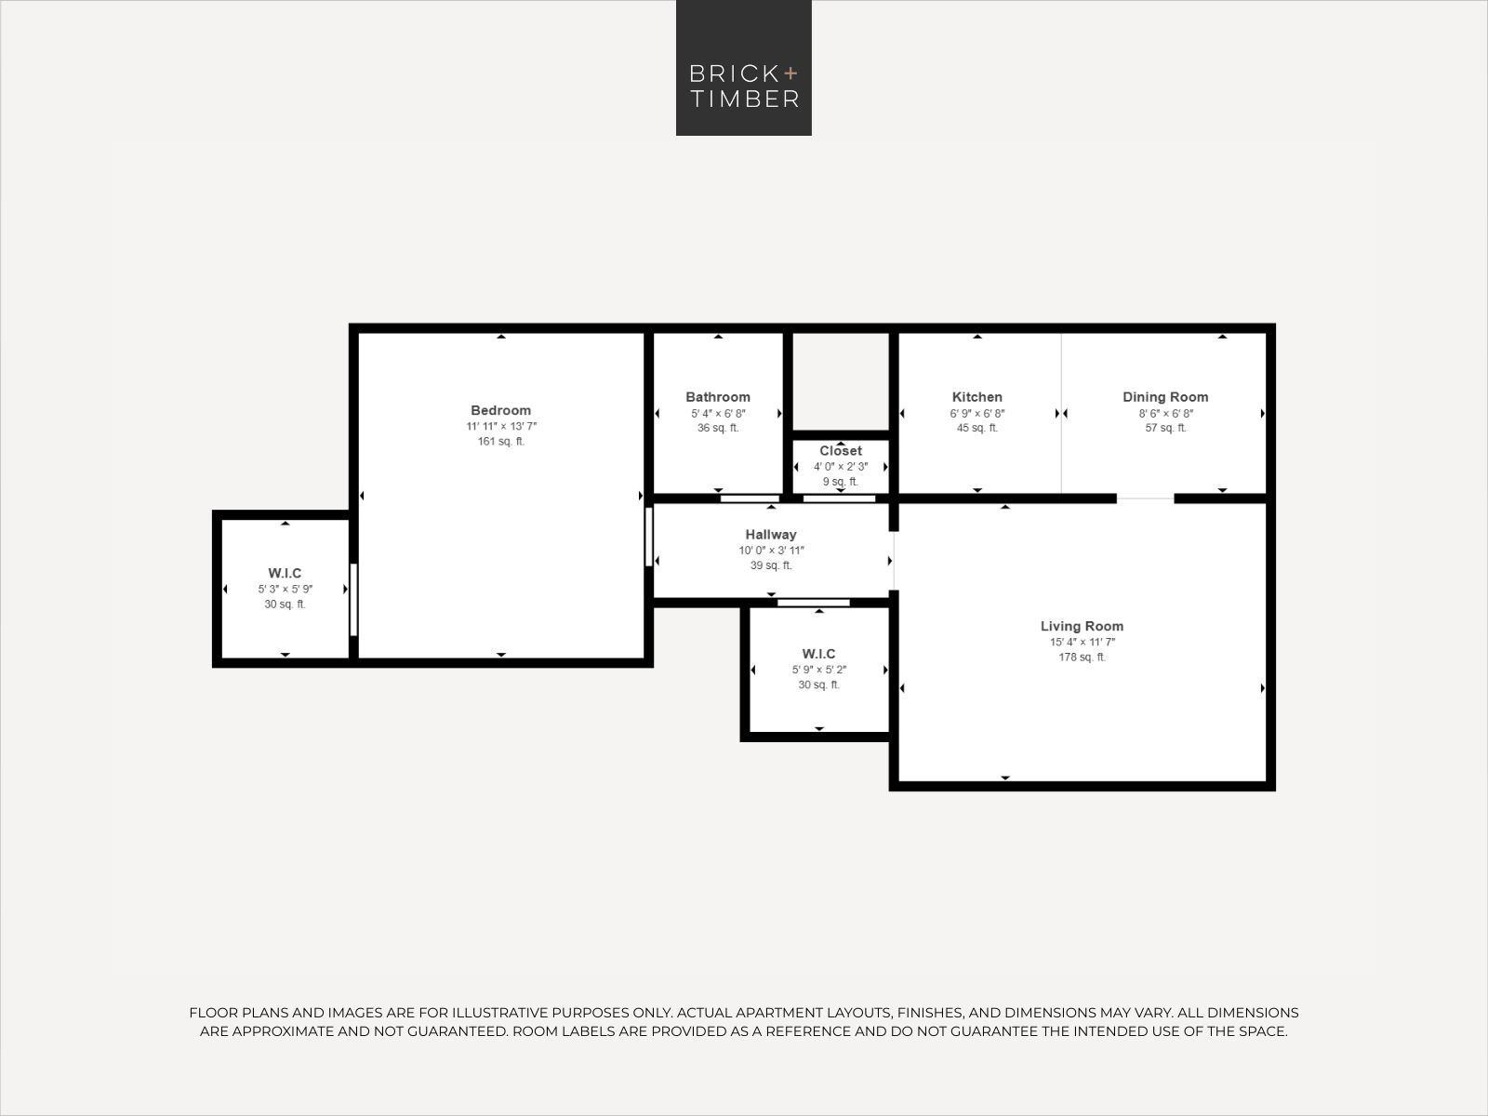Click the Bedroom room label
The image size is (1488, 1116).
[x=501, y=411]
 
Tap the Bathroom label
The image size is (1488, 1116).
[x=718, y=397]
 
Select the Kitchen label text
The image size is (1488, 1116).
[x=976, y=397]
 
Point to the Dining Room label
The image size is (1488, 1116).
[x=1165, y=397]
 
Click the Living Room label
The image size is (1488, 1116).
[x=1082, y=627]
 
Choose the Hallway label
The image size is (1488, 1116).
[x=771, y=535]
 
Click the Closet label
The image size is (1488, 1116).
[x=841, y=451]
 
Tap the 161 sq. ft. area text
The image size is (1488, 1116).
[x=501, y=442]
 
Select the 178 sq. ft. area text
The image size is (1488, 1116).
[x=1082, y=658]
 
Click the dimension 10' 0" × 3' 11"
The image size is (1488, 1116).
[x=772, y=551]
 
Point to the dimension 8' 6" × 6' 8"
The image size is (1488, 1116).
[x=1166, y=413]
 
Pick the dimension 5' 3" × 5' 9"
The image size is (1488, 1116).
[x=285, y=590]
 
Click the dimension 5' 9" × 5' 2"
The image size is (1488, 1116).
[x=819, y=671]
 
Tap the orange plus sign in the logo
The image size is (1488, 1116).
[x=790, y=73]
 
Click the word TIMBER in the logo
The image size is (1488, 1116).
[x=744, y=99]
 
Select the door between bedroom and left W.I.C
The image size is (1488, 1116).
[x=353, y=600]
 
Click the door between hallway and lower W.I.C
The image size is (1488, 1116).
[x=814, y=603]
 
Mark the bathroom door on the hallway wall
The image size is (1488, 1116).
[x=750, y=498]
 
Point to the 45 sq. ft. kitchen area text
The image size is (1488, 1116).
[x=976, y=428]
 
